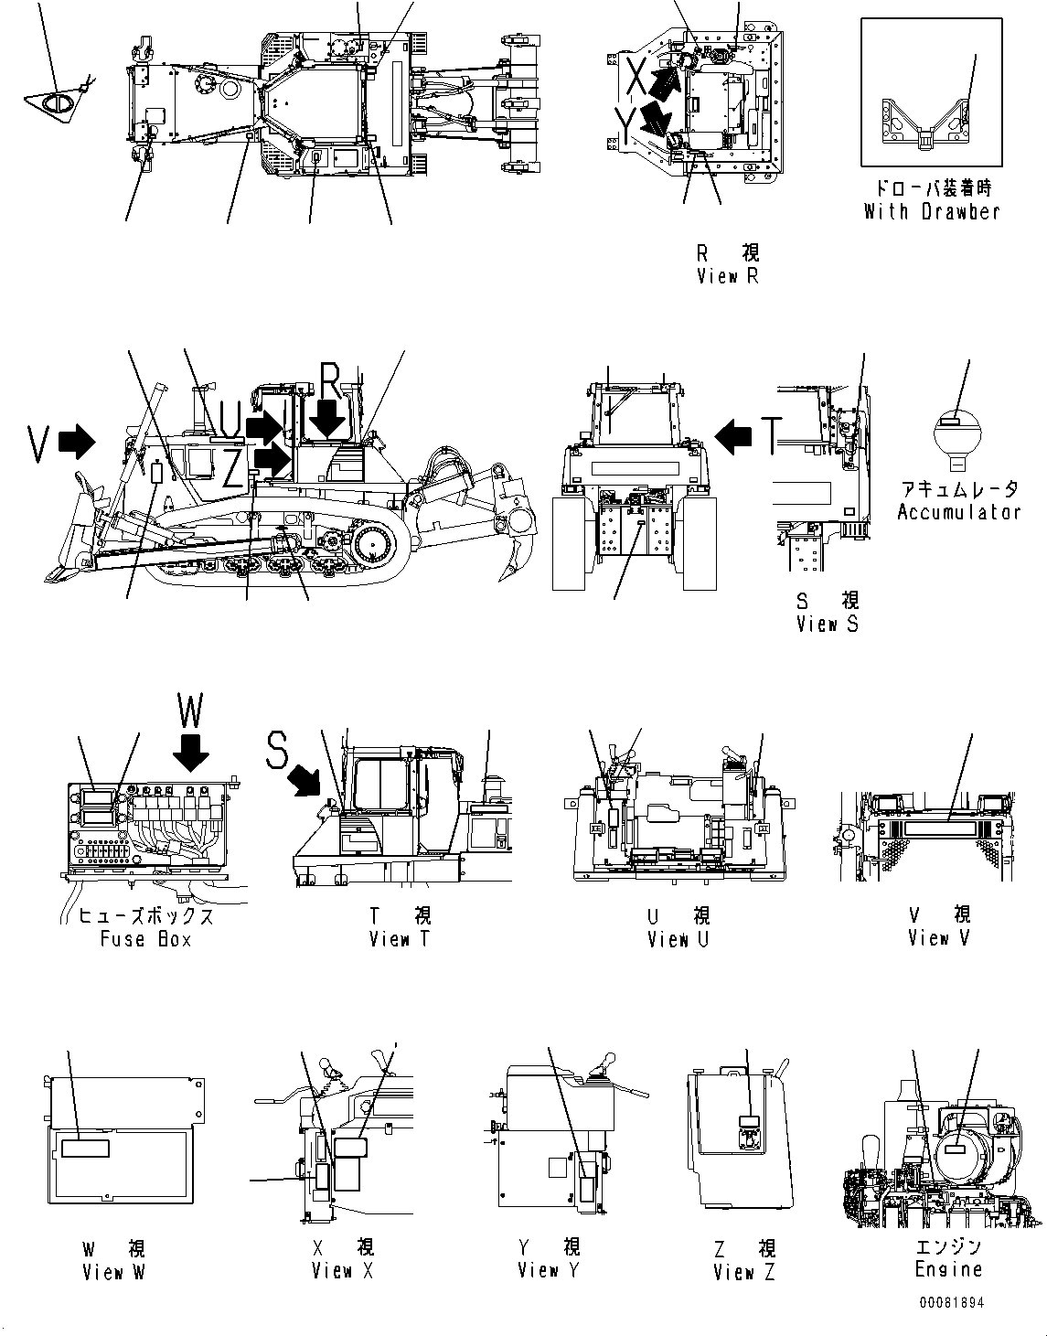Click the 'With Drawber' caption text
[x=932, y=211]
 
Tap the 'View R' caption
[x=728, y=275]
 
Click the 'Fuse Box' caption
[x=146, y=939]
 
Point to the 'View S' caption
[x=827, y=625]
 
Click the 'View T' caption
[x=400, y=939]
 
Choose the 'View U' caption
[x=678, y=939]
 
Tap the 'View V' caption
[x=939, y=938]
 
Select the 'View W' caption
[x=113, y=1271]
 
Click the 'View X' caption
[x=343, y=1270]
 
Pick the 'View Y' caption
[x=549, y=1270]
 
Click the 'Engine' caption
[x=948, y=1269]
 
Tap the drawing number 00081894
[x=952, y=1303]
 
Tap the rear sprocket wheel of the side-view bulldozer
[x=373, y=547]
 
